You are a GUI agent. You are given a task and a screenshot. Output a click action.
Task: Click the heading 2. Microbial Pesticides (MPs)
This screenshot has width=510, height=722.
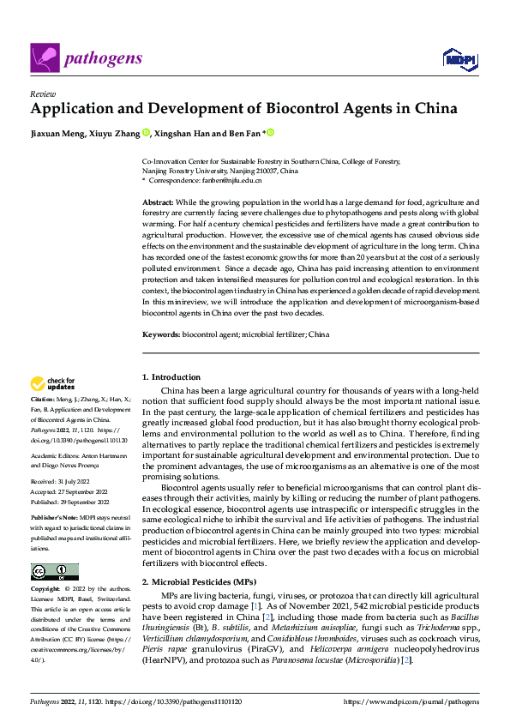click(x=195, y=581)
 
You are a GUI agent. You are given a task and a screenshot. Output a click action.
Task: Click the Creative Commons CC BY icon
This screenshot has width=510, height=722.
click(x=54, y=572)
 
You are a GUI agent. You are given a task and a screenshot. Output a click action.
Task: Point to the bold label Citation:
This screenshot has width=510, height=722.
click(x=43, y=399)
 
